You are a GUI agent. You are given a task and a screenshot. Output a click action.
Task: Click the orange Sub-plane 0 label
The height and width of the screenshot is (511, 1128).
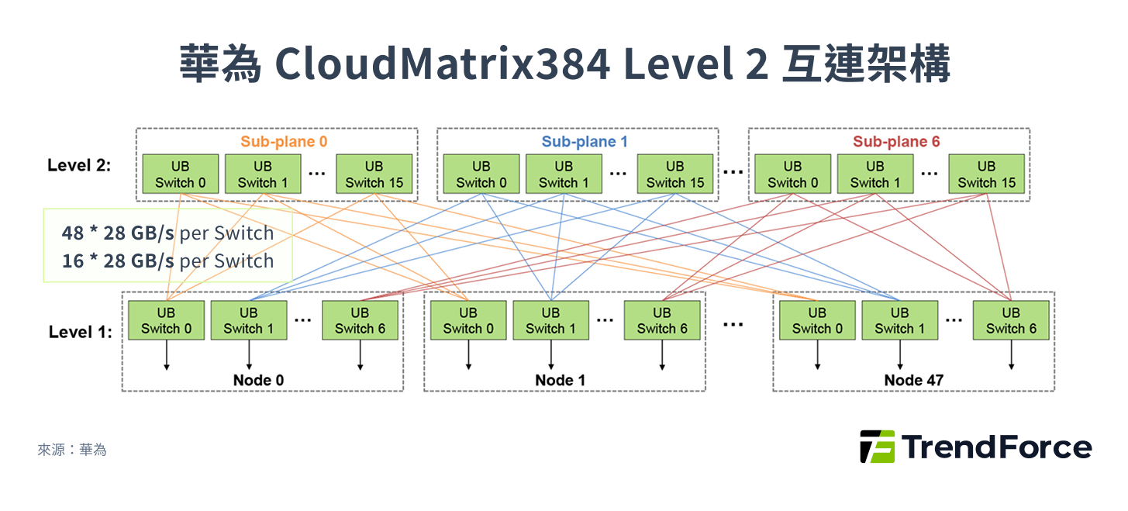pos(284,142)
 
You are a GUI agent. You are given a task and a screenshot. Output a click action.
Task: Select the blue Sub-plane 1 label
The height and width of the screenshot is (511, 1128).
pos(585,142)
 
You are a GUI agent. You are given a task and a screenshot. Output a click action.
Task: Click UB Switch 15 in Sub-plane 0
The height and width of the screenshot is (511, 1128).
pos(374,174)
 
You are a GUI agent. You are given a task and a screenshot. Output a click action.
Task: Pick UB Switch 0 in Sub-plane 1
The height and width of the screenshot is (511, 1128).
pos(481,174)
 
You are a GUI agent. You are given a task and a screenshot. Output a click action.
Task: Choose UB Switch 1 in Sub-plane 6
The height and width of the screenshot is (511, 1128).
pos(875,174)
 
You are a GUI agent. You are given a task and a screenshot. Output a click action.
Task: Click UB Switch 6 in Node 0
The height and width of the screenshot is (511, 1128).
pos(360,320)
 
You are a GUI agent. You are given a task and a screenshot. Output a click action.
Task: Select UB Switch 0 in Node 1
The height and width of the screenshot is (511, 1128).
pos(468,320)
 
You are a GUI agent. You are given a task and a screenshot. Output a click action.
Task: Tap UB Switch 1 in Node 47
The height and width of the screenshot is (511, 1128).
pos(899,320)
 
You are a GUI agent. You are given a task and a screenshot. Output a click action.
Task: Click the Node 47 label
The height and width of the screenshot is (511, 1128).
pos(913,381)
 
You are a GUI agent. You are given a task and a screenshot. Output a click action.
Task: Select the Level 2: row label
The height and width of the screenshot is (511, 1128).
pos(79,165)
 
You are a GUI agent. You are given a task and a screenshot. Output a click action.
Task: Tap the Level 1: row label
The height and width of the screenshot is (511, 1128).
pos(80,332)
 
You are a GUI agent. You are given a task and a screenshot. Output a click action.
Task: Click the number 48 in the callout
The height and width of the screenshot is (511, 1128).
pos(73,233)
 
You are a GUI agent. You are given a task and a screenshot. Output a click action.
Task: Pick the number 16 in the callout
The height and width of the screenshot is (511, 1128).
pos(73,261)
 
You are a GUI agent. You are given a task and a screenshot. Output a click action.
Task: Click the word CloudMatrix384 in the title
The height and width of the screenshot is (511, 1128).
pos(442,65)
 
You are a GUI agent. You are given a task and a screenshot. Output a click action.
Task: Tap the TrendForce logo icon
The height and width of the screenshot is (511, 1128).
pos(877,447)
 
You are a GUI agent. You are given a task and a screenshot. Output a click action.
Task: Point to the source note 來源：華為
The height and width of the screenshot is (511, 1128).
pos(72,450)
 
